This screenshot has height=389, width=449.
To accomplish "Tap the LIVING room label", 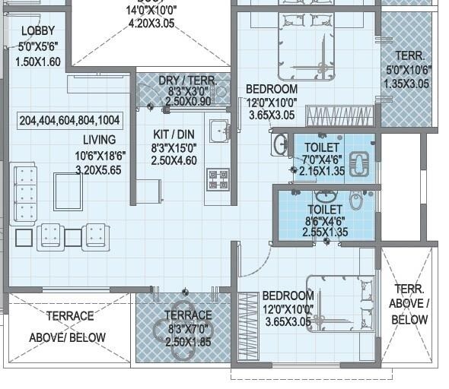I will coord(100,140).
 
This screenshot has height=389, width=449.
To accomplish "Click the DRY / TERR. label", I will coord(187,81).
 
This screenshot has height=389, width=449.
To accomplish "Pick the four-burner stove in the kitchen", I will coord(218,179).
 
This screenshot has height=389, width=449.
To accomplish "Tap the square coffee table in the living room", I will coord(68,191).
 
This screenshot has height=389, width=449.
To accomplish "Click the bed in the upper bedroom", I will coord(305,46).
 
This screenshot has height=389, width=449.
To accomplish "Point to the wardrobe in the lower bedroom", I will coord(248,326).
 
